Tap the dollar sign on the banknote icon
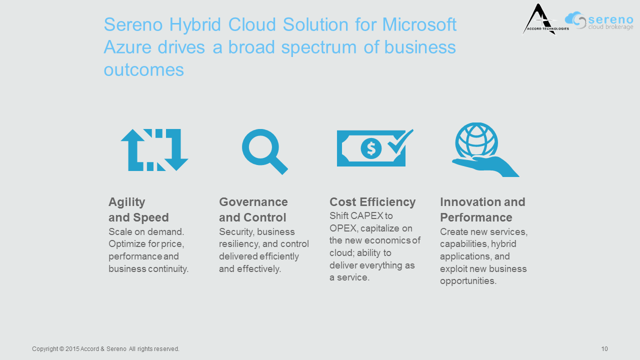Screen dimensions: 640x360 [x=371, y=148]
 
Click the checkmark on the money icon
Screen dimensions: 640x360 [x=400, y=141]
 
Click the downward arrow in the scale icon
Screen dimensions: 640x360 [x=175, y=150]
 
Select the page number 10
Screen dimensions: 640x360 [x=604, y=349]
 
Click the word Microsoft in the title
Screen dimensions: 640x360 [x=419, y=24]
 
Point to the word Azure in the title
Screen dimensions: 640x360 [x=127, y=47]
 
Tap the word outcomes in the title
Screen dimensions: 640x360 [x=143, y=70]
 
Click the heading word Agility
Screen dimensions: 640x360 [x=127, y=202]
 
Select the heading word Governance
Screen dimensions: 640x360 [x=253, y=202]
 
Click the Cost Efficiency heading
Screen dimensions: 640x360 [x=372, y=202]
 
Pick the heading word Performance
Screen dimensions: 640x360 [x=476, y=217]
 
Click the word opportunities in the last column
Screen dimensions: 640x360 [x=468, y=281]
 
